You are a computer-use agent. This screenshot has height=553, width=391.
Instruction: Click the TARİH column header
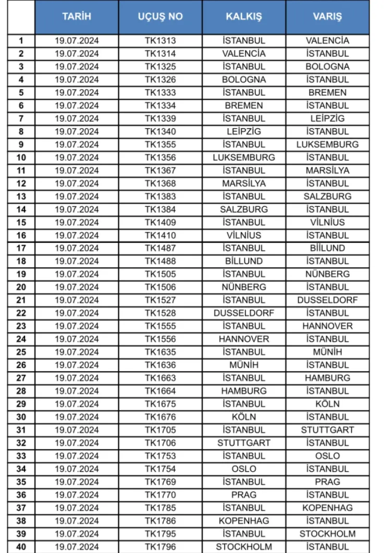click(77, 17)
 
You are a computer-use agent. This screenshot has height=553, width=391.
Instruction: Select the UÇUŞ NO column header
click(160, 17)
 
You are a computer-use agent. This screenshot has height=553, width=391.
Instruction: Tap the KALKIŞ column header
click(243, 17)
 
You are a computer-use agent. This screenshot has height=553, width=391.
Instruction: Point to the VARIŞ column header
click(327, 17)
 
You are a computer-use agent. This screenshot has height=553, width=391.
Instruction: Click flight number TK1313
click(160, 41)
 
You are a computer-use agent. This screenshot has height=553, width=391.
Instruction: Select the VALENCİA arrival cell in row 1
click(327, 41)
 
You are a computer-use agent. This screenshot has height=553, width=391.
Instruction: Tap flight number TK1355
click(160, 144)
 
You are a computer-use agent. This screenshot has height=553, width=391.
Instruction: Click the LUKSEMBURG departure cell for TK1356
click(243, 157)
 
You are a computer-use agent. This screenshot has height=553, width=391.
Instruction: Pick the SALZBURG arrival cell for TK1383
click(327, 196)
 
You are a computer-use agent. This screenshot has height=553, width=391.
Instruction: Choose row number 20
click(21, 287)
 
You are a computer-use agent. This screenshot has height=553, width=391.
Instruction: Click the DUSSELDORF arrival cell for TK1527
click(327, 300)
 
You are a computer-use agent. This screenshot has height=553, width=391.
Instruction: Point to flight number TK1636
click(160, 365)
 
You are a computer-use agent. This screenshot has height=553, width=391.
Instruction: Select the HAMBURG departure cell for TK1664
click(243, 391)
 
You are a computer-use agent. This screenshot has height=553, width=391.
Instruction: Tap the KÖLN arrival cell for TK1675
click(327, 404)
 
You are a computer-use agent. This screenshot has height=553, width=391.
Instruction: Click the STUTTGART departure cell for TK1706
click(243, 443)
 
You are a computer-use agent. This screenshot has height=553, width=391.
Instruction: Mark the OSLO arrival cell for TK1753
click(327, 456)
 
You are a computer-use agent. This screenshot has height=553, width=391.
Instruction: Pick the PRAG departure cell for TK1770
click(243, 495)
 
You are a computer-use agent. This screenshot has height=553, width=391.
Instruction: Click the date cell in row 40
click(77, 547)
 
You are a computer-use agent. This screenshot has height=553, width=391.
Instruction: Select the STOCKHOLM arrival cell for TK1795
click(327, 534)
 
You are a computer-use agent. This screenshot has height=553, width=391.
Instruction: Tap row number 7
click(21, 118)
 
